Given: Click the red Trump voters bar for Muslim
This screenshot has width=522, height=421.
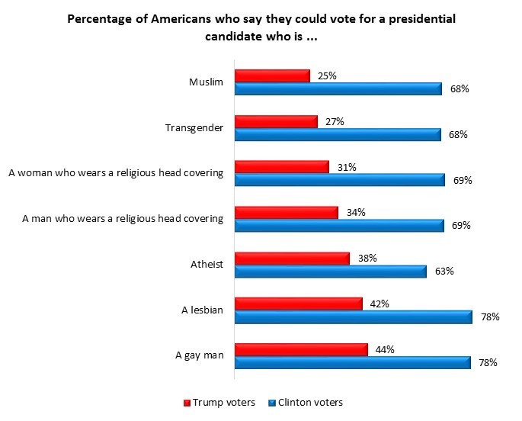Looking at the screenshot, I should click(x=272, y=76).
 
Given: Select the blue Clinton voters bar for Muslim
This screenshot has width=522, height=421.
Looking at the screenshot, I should click(x=338, y=89).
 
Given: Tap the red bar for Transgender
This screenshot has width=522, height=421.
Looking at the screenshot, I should click(x=275, y=122).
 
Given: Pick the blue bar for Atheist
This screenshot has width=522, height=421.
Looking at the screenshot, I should click(x=330, y=271).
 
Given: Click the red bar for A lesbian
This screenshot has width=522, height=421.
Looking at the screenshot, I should click(x=298, y=304).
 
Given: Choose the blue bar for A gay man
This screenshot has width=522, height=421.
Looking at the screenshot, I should click(x=352, y=362).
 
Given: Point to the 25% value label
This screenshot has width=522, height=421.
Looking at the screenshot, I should click(x=327, y=76).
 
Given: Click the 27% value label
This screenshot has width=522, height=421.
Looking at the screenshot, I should click(x=335, y=121).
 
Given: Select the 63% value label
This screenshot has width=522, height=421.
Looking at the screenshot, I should click(x=445, y=271).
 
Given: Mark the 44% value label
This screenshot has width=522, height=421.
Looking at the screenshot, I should click(x=386, y=349).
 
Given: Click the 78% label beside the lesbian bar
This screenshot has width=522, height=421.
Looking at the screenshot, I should click(x=489, y=317).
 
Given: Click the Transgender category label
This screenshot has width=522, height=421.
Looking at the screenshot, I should click(x=194, y=128).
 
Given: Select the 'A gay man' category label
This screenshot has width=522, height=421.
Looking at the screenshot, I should click(x=199, y=355).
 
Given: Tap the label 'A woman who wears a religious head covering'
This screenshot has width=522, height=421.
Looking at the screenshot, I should click(x=115, y=173).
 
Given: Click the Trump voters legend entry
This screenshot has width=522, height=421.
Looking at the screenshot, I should click(x=220, y=402).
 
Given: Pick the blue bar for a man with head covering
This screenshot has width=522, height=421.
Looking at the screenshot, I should click(x=339, y=226).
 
